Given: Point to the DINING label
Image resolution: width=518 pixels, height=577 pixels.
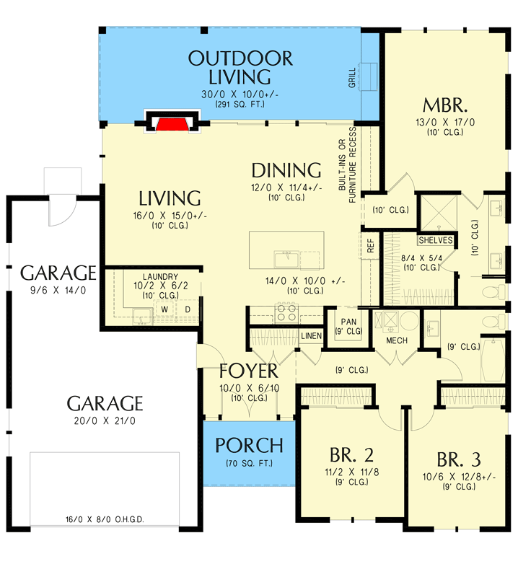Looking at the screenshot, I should click(x=286, y=171).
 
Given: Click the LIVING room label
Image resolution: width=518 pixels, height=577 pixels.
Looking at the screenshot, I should click(x=170, y=198).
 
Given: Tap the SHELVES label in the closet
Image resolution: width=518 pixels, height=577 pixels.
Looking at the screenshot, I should click(x=436, y=240).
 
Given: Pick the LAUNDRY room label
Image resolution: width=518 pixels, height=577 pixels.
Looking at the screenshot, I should click(x=159, y=276).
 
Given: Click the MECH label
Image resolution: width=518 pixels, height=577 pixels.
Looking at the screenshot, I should click(x=397, y=340).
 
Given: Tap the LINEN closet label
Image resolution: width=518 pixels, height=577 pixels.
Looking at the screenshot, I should click(x=311, y=336).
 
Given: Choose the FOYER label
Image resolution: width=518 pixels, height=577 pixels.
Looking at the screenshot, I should click(x=248, y=371).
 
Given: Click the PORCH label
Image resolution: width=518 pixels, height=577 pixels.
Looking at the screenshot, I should click(x=249, y=446).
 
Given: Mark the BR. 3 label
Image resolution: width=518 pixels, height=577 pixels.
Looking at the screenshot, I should click(x=459, y=459).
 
